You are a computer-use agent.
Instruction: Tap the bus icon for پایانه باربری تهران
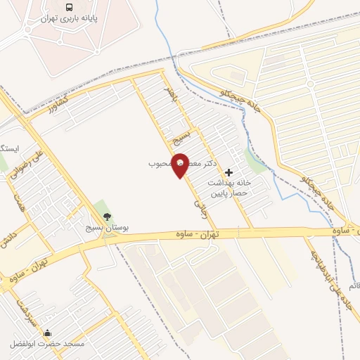(70, 7)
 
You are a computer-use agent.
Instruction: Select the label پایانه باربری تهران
(70, 20)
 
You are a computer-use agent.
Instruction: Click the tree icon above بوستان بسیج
(107, 217)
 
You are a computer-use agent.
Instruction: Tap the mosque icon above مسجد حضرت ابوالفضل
(47, 333)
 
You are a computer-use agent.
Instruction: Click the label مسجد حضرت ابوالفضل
(47, 345)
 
